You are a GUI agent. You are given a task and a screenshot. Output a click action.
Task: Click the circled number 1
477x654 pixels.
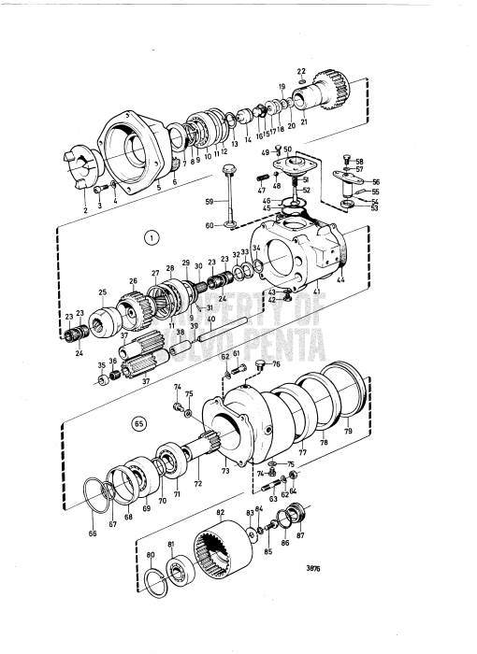click(150, 237)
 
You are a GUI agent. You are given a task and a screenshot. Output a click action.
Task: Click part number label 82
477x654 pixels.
click(221, 514)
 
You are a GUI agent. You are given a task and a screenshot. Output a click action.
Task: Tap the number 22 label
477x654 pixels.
click(301, 72)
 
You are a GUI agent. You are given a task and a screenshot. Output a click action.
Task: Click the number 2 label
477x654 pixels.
click(84, 211)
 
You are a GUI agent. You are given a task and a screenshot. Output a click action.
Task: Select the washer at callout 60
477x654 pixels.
click(229, 223)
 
